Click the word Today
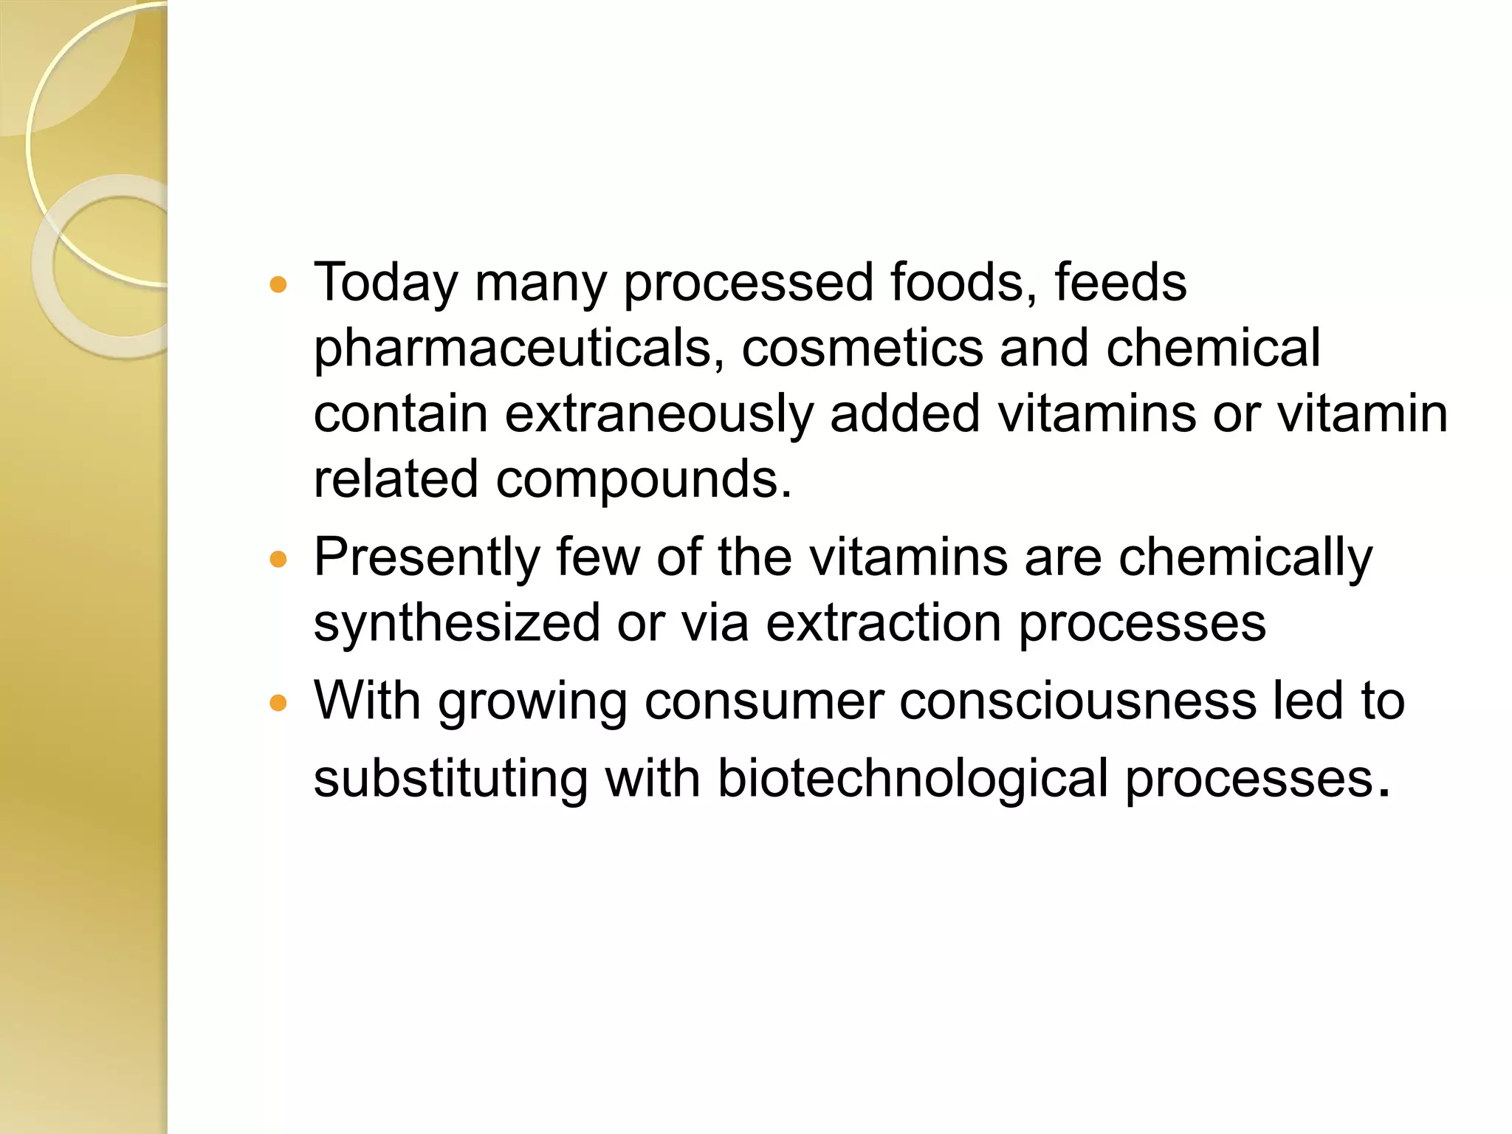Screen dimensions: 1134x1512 (x=385, y=283)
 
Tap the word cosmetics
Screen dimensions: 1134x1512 (x=862, y=348)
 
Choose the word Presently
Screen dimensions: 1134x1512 (x=426, y=558)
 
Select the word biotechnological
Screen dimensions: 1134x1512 (x=913, y=779)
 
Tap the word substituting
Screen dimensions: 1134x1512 (x=450, y=779)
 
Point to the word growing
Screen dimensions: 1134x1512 (x=532, y=702)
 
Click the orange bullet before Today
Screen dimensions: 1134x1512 (x=278, y=284)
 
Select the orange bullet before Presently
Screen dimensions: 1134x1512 (x=278, y=559)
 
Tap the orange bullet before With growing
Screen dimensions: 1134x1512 (x=278, y=702)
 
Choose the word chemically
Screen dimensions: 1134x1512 (x=1245, y=558)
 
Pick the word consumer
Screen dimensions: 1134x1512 (x=764, y=701)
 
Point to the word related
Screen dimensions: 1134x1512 (x=396, y=479)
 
